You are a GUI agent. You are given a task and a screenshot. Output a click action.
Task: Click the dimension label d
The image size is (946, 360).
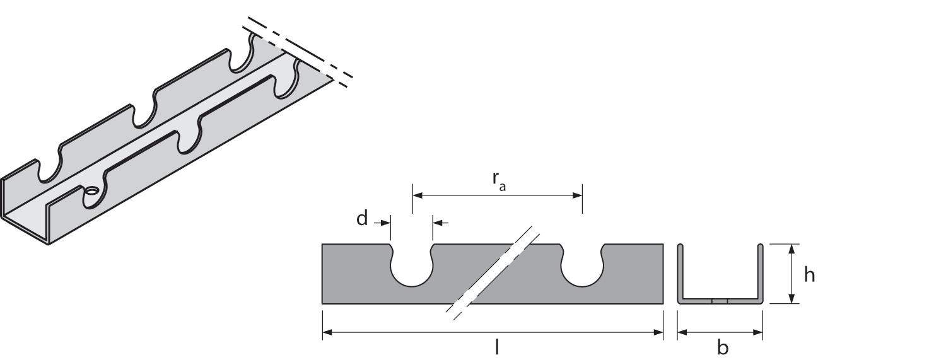tap(362, 219)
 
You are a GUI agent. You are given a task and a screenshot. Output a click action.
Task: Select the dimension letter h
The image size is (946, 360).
tap(810, 276)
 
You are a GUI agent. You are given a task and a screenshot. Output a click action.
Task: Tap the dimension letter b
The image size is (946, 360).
tap(722, 347)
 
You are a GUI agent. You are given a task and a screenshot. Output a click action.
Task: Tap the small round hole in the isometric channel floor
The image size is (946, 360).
tap(91, 190)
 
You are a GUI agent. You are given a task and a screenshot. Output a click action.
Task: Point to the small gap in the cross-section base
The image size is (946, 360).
tap(720, 301)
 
